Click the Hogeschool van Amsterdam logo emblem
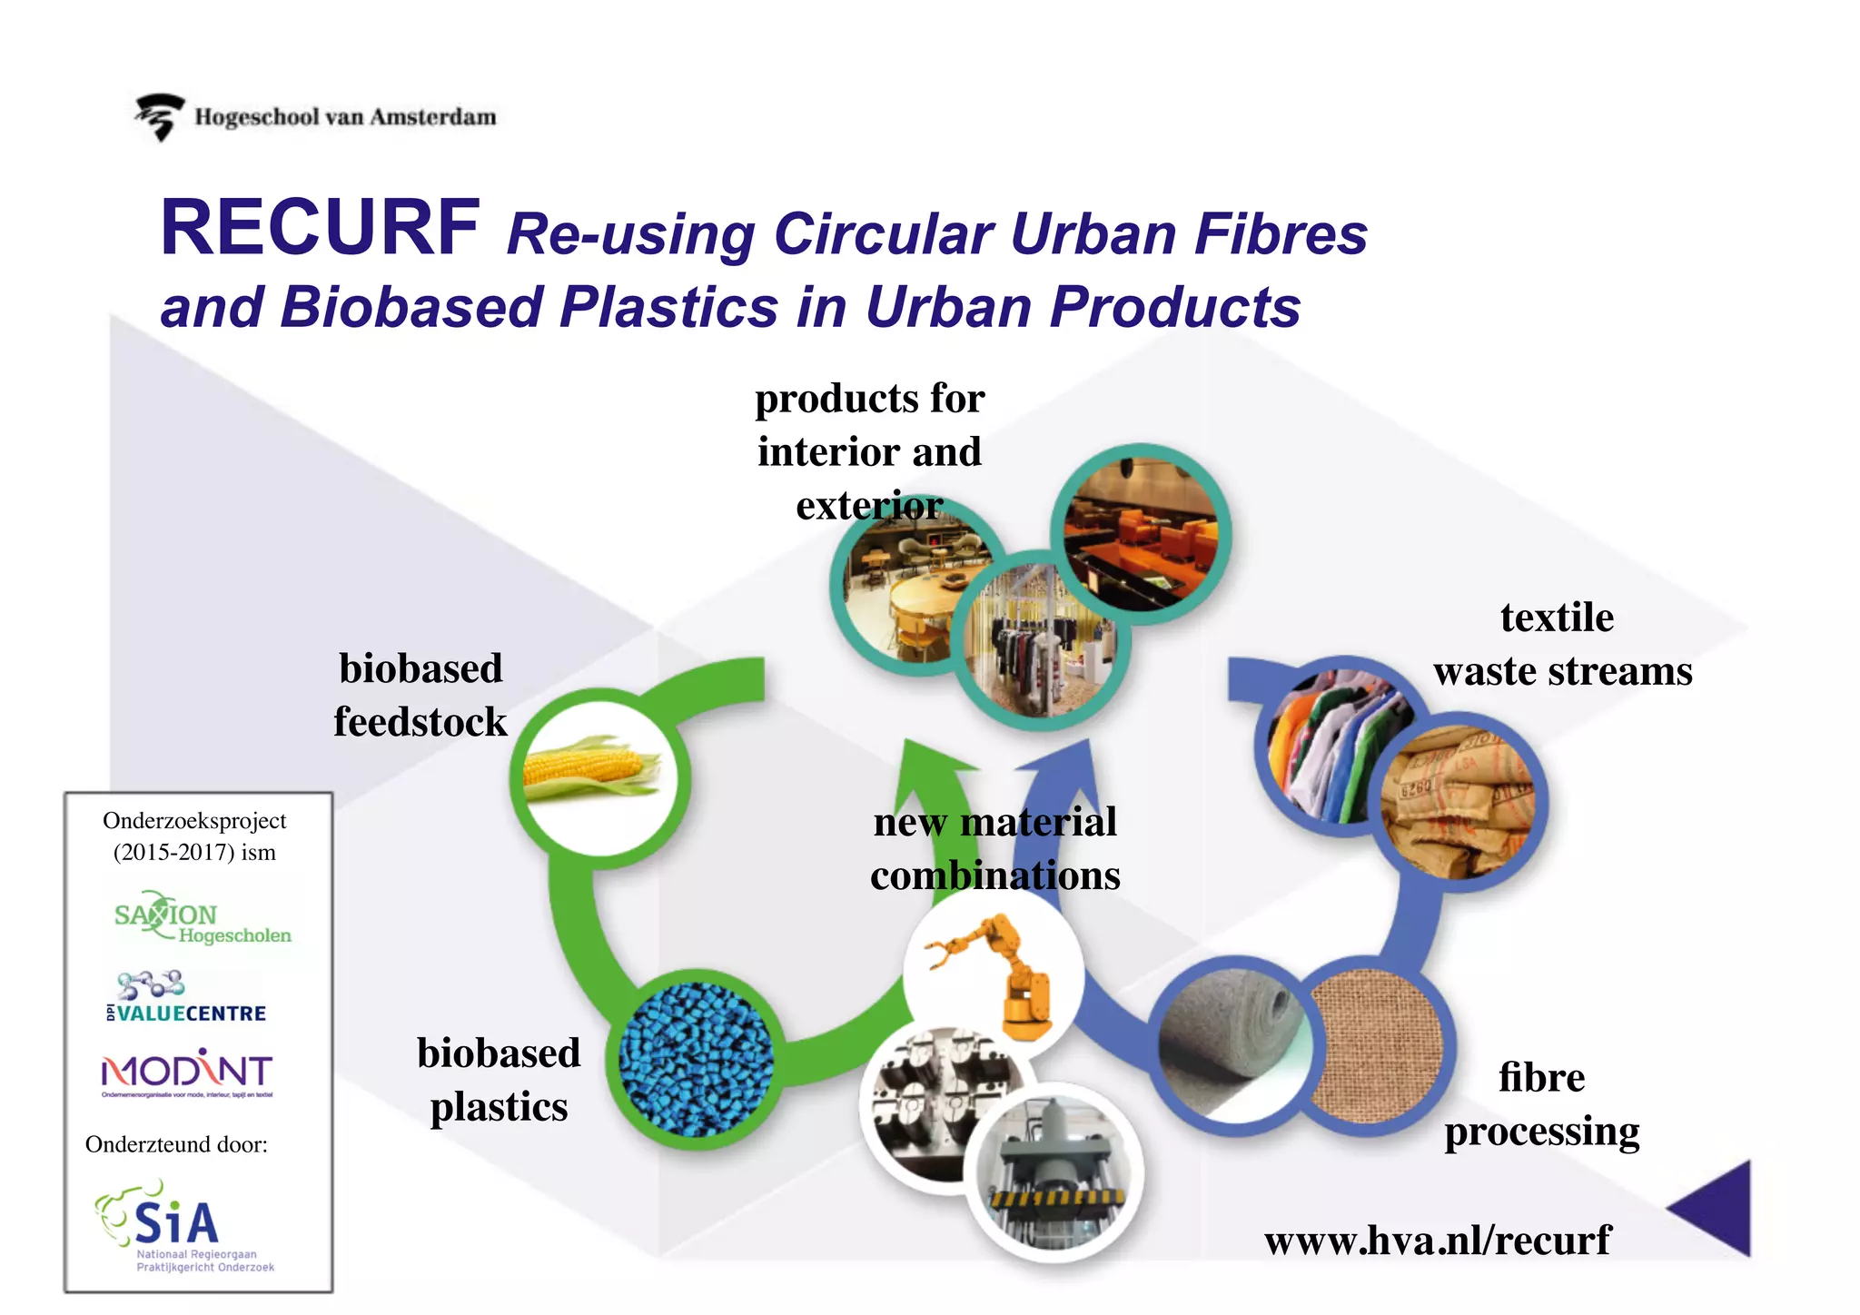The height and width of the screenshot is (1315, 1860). coord(160,116)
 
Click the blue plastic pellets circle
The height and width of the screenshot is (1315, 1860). coord(697,1059)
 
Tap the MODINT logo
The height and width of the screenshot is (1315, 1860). coord(187,1073)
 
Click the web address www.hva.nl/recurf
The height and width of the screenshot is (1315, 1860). coord(1437,1241)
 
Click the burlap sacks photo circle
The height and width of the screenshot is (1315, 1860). coord(1458,804)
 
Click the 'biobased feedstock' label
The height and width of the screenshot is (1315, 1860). coord(420,695)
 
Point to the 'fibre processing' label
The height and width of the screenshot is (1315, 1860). coord(1541,1104)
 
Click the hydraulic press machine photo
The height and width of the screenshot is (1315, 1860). coord(1054,1172)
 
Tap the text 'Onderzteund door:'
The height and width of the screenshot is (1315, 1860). coord(176,1144)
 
